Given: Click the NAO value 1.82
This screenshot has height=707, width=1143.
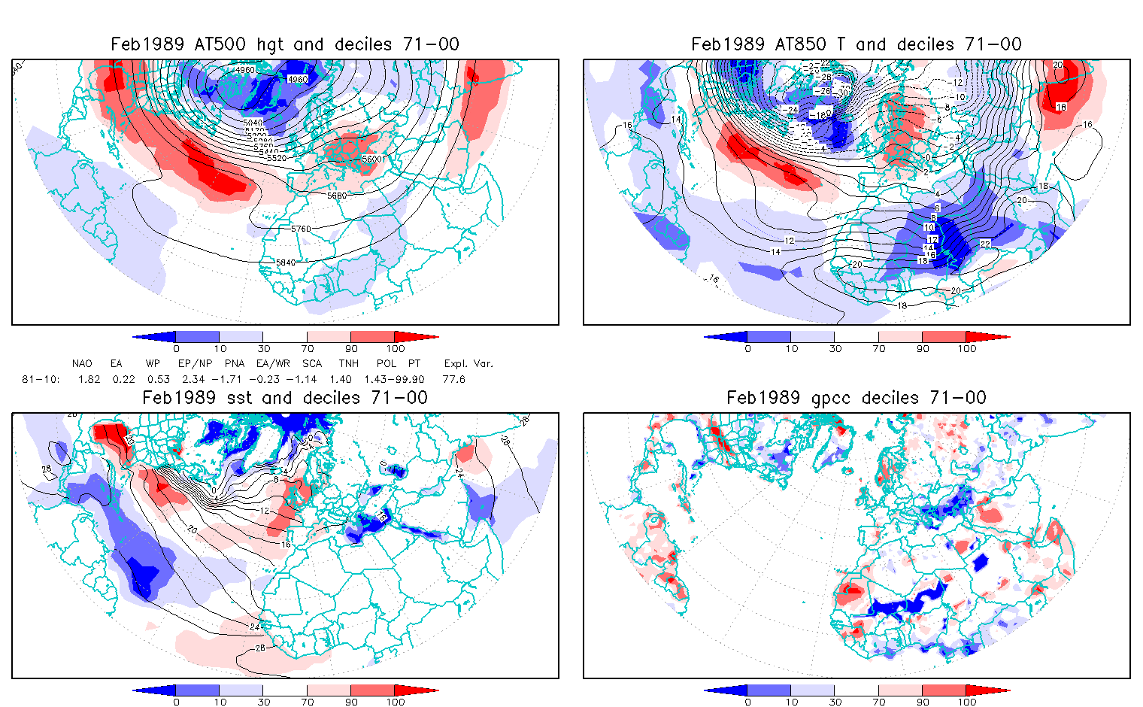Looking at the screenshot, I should coord(89,379).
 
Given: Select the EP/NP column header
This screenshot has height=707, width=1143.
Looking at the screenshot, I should coord(193,363).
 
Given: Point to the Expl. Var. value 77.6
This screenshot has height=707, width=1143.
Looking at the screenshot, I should coord(454,379).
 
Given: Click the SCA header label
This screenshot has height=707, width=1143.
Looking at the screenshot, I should coord(312,363).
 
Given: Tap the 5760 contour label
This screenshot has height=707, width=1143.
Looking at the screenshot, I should coord(300,229).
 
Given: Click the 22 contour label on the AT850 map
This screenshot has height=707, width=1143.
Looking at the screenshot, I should coord(985,244).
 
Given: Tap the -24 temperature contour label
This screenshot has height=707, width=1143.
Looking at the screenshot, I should coord(791,110).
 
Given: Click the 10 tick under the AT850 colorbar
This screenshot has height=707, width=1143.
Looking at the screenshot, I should coord(791,349).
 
